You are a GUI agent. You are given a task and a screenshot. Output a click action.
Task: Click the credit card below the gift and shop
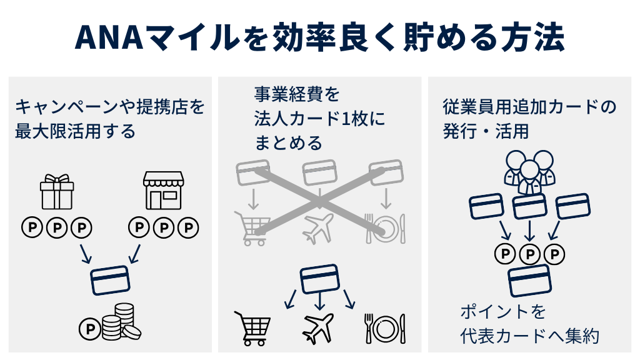[x=110, y=280]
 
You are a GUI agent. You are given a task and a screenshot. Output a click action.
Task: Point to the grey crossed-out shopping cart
[x=251, y=227]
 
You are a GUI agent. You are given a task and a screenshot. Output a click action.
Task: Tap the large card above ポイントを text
[x=529, y=281]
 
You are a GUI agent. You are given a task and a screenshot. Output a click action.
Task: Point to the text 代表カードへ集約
[x=529, y=336]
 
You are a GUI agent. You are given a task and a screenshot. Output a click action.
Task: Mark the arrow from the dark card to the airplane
[x=320, y=302]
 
